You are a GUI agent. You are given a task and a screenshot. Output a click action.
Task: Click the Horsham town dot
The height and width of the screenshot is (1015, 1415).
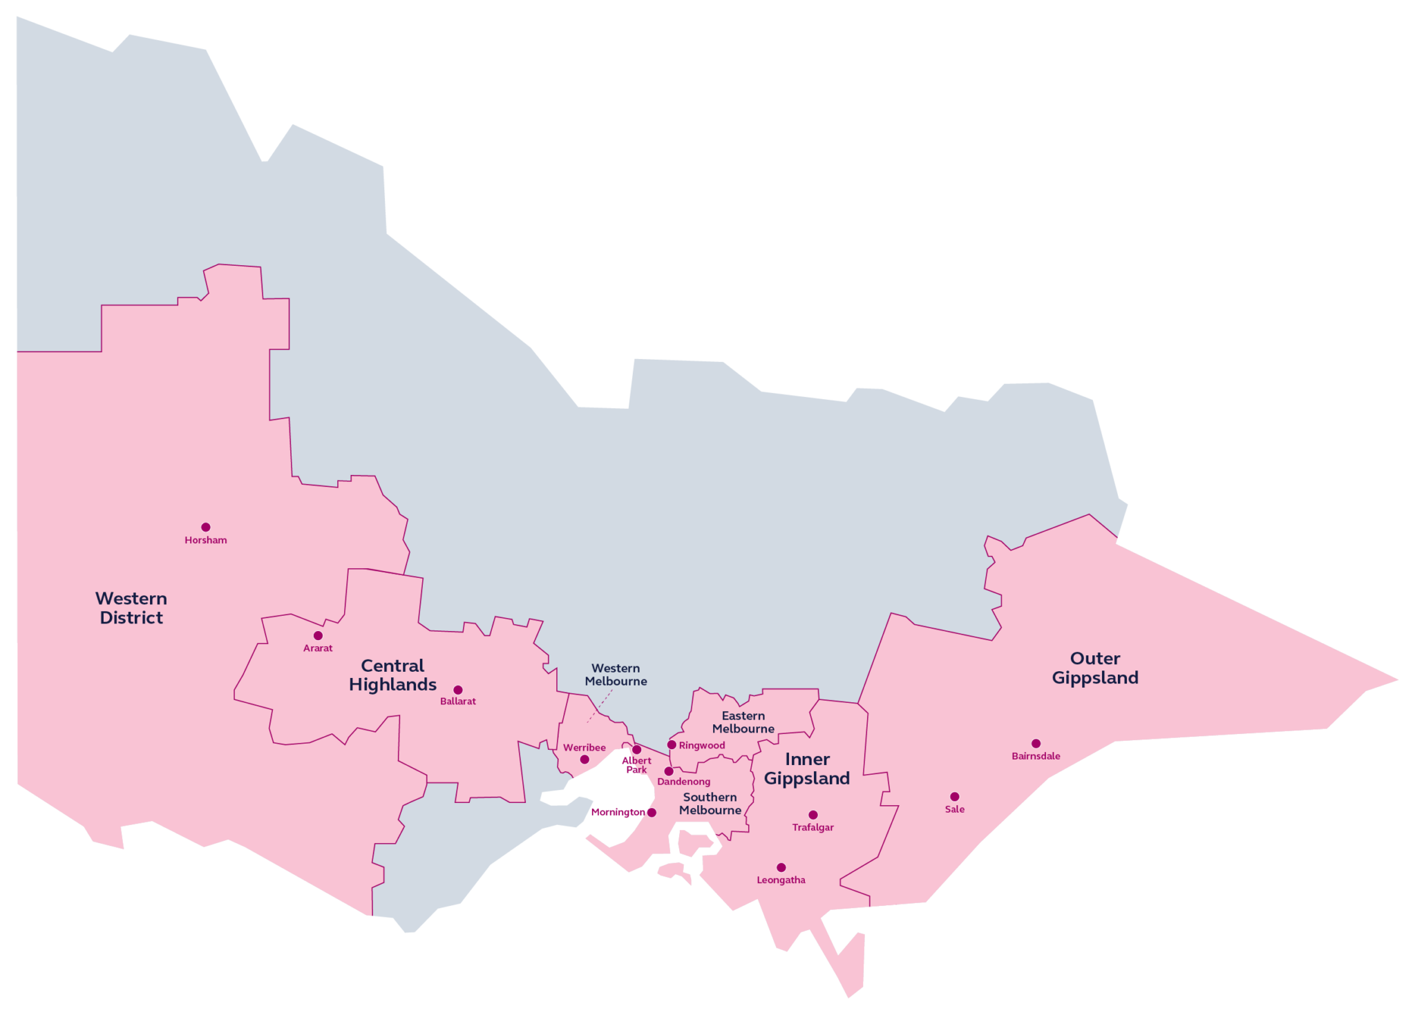206,528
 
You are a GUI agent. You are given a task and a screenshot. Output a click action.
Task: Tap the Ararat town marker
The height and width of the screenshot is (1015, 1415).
318,636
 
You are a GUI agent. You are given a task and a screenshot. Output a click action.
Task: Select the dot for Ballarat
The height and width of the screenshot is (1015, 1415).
457,690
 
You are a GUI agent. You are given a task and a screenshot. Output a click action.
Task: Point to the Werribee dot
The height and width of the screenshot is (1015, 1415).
585,760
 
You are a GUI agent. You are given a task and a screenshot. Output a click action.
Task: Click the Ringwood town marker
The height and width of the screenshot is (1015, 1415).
672,745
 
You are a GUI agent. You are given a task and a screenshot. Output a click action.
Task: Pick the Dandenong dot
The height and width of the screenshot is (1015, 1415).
669,771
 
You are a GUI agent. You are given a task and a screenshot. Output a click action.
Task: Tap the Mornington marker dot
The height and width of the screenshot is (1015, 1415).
652,813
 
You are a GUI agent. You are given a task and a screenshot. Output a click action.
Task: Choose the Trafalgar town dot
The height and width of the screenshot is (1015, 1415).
813,815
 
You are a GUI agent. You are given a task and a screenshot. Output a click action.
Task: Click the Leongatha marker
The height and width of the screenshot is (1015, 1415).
781,868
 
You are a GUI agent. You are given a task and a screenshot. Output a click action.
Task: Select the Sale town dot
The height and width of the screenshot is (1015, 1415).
955,797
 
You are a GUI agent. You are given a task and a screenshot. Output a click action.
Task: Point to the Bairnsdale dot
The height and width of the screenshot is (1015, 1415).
1036,744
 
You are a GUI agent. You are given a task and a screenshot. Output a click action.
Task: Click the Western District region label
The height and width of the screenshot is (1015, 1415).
131,608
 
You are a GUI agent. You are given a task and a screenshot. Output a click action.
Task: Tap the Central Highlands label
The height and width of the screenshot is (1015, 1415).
392,675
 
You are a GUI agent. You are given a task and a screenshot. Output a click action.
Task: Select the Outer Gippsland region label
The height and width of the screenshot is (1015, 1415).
1095,668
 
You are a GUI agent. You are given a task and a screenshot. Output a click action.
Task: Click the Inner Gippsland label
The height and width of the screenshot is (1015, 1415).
807,769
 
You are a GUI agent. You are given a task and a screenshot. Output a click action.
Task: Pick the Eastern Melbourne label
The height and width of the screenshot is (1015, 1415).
743,722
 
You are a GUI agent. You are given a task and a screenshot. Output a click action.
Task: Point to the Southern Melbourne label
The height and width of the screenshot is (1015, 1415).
710,804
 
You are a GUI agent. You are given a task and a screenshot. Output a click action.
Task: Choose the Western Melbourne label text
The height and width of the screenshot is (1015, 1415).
616,675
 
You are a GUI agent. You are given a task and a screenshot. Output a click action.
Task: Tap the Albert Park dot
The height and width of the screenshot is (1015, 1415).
637,750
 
